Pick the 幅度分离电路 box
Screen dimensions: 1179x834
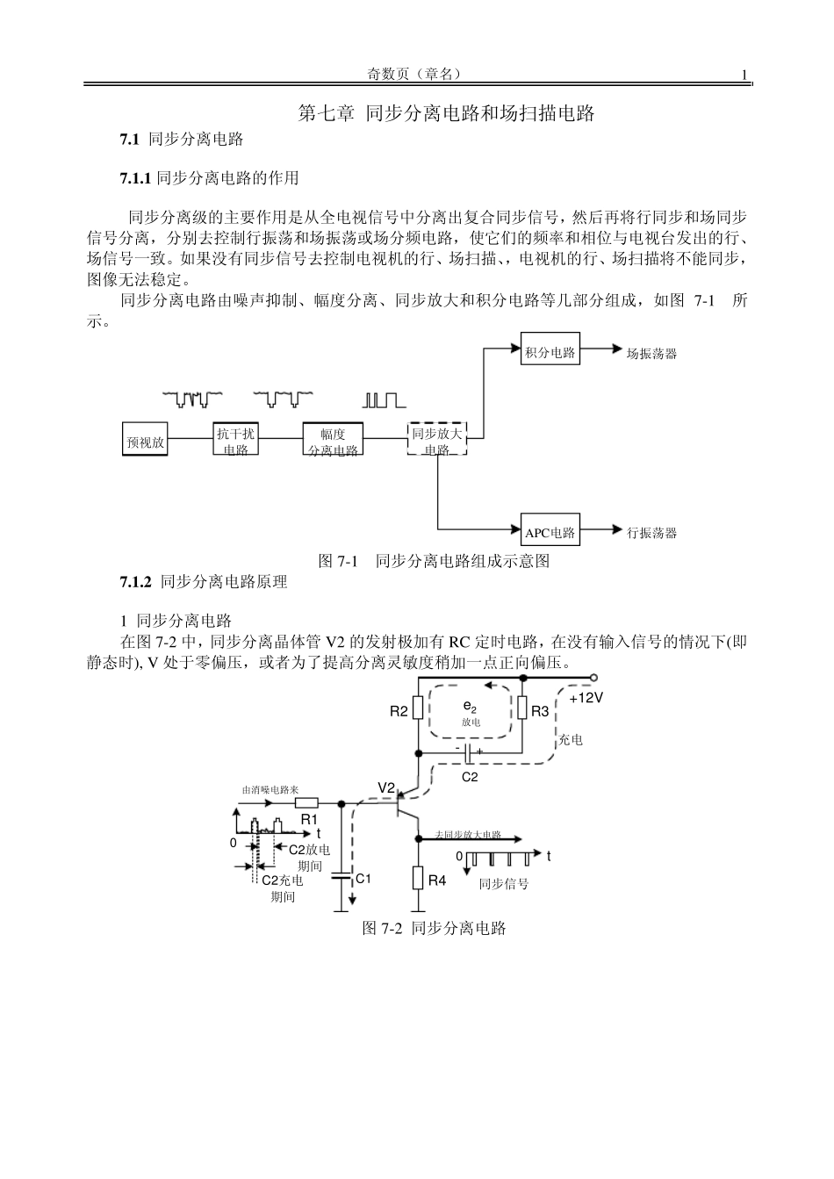pos(333,439)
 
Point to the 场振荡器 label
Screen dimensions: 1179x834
pos(651,353)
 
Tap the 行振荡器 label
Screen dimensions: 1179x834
pos(651,532)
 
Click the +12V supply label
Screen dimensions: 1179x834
pos(586,698)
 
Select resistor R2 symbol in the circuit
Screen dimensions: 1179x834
pos(419,708)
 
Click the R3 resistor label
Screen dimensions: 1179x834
pos(540,711)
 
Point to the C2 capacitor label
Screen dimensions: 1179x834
pos(470,777)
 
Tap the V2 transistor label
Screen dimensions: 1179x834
pos(387,786)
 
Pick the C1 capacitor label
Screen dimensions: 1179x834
pos(363,878)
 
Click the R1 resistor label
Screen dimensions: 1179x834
pos(308,818)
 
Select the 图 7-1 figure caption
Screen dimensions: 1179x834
pos(434,561)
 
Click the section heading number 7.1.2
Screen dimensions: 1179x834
pos(136,581)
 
